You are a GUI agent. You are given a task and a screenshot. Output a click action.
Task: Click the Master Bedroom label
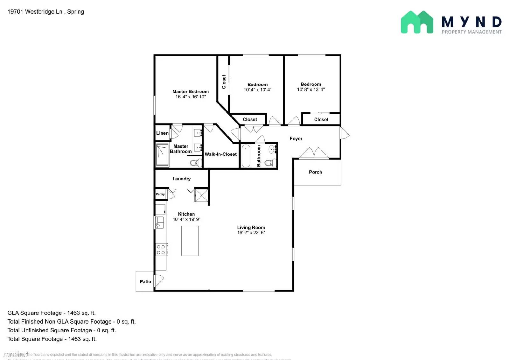(191, 92)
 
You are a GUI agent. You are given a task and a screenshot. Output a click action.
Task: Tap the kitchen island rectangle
(190, 241)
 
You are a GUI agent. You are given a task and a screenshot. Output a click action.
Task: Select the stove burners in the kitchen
(161, 250)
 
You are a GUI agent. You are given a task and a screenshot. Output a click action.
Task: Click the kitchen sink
(160, 222)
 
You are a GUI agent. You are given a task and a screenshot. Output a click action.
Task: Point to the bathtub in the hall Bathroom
(246, 156)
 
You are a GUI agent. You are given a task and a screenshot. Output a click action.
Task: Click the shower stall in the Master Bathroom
(162, 155)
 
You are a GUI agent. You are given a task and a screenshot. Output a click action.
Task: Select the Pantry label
(160, 194)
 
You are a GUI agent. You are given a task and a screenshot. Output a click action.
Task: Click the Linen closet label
(162, 133)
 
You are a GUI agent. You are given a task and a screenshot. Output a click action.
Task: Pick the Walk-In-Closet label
(220, 154)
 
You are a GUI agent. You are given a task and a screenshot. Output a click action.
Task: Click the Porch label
(315, 172)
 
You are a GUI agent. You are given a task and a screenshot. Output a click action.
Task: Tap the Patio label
(145, 282)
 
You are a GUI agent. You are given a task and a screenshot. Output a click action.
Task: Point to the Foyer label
(296, 139)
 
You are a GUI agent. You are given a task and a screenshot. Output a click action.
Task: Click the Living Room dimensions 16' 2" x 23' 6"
(251, 233)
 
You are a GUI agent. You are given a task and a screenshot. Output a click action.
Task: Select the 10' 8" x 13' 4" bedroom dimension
(311, 90)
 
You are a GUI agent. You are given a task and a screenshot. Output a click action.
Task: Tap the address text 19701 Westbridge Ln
(35, 12)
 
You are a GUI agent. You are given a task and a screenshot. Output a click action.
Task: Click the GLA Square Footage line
(52, 313)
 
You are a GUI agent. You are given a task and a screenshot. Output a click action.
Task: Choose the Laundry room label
(182, 179)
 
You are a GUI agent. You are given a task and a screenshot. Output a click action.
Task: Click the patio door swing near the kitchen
(159, 280)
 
